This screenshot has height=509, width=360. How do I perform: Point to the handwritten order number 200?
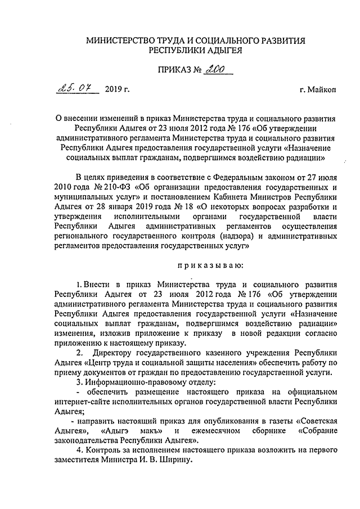point(214,70)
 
